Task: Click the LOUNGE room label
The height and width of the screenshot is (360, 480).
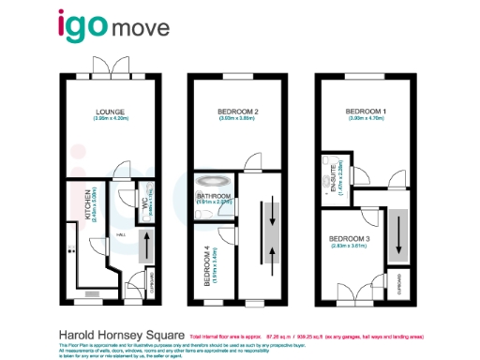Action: coord(110,112)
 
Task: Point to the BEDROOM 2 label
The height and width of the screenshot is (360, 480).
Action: coord(231,112)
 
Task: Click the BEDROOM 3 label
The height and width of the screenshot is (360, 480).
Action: coord(350,239)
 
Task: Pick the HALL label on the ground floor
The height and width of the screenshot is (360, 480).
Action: coord(120,235)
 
